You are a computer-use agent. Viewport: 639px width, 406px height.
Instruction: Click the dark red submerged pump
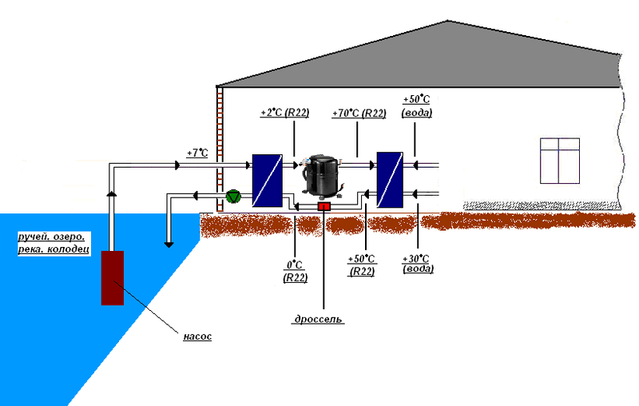113,277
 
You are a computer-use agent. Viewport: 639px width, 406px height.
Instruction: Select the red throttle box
324,207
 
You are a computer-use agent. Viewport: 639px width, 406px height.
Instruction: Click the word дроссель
318,319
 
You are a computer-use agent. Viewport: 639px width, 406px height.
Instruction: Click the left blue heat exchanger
265,181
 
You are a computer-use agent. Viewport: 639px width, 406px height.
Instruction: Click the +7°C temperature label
196,151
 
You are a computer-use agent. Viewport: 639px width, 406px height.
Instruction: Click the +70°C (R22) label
359,113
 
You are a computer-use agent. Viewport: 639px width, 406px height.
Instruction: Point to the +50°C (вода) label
417,106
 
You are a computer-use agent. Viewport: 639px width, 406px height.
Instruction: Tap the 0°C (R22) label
296,270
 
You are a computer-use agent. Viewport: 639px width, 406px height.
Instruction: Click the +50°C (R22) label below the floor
363,265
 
